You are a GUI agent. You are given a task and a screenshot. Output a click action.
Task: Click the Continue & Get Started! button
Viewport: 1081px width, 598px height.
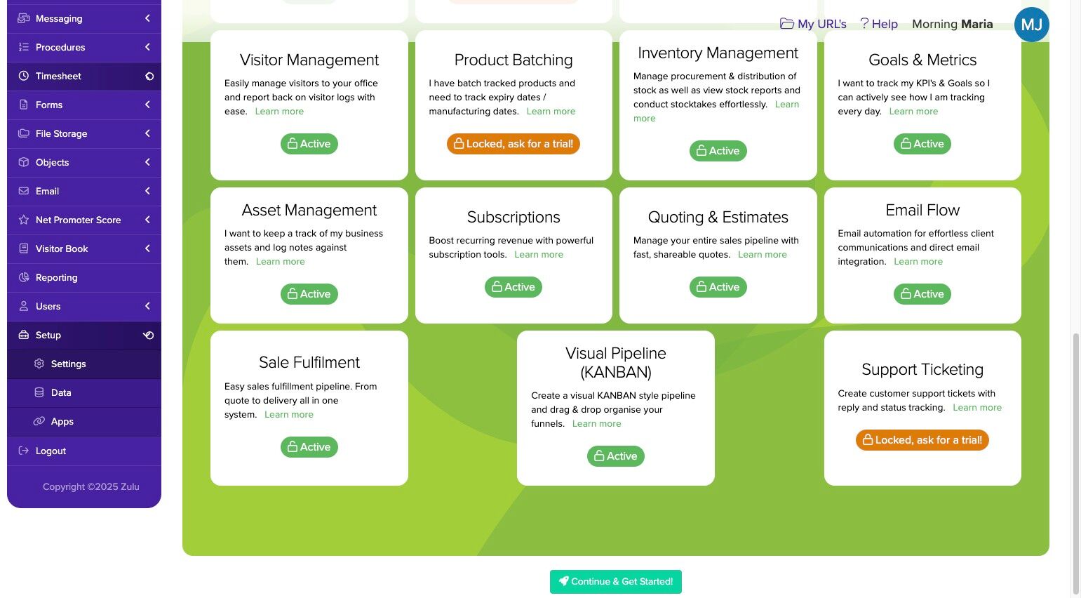point(615,582)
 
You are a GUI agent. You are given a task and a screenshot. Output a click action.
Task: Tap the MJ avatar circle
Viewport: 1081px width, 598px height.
point(1031,25)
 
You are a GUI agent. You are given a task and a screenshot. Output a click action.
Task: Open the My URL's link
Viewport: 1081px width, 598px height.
point(813,24)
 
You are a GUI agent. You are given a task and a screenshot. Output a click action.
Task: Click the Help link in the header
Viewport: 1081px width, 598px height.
point(879,24)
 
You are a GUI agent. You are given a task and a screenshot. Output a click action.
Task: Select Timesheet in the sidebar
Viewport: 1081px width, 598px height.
point(58,76)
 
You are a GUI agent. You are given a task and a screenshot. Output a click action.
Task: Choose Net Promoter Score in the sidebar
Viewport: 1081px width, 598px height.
point(78,220)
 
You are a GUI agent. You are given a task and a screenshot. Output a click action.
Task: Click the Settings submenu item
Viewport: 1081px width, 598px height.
point(68,364)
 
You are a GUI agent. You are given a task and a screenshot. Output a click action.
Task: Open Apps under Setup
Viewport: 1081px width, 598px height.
point(62,421)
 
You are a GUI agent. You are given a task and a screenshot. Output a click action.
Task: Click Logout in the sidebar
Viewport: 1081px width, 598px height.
point(51,451)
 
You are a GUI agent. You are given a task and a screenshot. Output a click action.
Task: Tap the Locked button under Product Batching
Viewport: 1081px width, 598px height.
point(513,144)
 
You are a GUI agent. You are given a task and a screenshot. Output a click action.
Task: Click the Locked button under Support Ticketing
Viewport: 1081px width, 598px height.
point(922,440)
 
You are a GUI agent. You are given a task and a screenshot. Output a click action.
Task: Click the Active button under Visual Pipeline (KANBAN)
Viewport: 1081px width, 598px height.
point(615,456)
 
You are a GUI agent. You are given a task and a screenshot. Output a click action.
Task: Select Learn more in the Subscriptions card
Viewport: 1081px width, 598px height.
point(538,255)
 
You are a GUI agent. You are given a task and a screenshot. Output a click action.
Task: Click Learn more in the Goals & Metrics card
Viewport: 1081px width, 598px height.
point(913,112)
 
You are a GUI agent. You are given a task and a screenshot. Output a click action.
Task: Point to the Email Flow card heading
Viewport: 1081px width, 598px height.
point(922,211)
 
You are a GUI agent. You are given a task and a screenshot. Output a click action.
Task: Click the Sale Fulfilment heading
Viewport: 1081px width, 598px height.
point(309,363)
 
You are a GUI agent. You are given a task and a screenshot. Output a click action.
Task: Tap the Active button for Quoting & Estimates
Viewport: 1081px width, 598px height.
point(718,287)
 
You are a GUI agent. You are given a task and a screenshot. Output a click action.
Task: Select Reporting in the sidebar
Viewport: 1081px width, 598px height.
point(56,277)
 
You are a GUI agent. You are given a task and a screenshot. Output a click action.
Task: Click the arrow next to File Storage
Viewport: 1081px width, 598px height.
point(147,133)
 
